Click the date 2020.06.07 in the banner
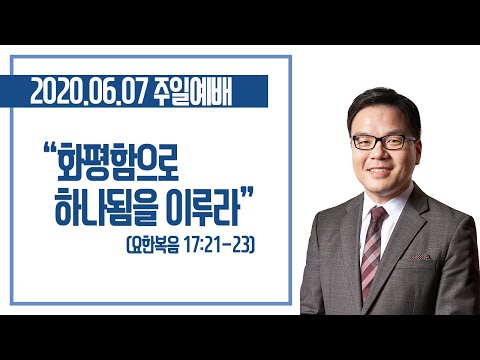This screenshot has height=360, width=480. point(89,91)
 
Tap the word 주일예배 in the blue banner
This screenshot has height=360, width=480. point(193,91)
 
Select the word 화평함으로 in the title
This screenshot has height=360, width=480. point(118,162)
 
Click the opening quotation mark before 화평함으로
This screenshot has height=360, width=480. point(49,148)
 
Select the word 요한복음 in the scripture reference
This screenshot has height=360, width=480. point(155,246)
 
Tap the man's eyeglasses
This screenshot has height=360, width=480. point(384,142)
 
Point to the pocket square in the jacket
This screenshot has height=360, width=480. point(419,257)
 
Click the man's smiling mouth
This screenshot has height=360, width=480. point(380,170)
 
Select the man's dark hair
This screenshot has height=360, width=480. point(384,107)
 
